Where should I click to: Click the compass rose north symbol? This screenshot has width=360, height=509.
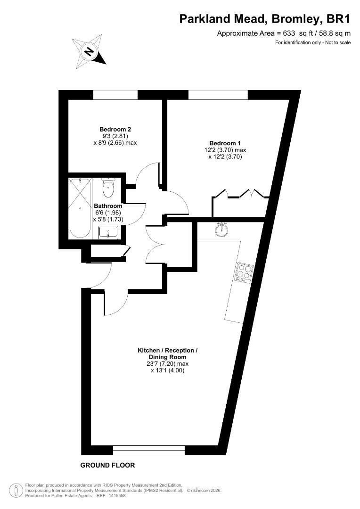[89, 51]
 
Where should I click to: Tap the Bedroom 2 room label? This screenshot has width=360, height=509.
[115, 130]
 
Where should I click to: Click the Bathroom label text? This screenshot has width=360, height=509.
[108, 206]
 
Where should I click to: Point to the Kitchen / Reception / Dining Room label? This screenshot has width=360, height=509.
[167, 354]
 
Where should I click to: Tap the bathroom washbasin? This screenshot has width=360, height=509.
[109, 232]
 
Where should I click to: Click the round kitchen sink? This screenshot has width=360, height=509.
[220, 230]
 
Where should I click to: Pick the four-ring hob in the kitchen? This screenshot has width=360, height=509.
[245, 272]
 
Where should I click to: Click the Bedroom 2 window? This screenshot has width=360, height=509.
[115, 95]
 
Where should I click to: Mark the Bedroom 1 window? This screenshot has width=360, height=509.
[218, 95]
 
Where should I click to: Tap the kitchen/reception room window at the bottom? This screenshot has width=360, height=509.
[149, 450]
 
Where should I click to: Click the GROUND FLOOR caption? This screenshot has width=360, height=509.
[107, 465]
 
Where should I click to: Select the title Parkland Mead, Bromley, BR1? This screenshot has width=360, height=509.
[265, 19]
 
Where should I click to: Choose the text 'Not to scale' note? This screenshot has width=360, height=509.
[337, 43]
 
